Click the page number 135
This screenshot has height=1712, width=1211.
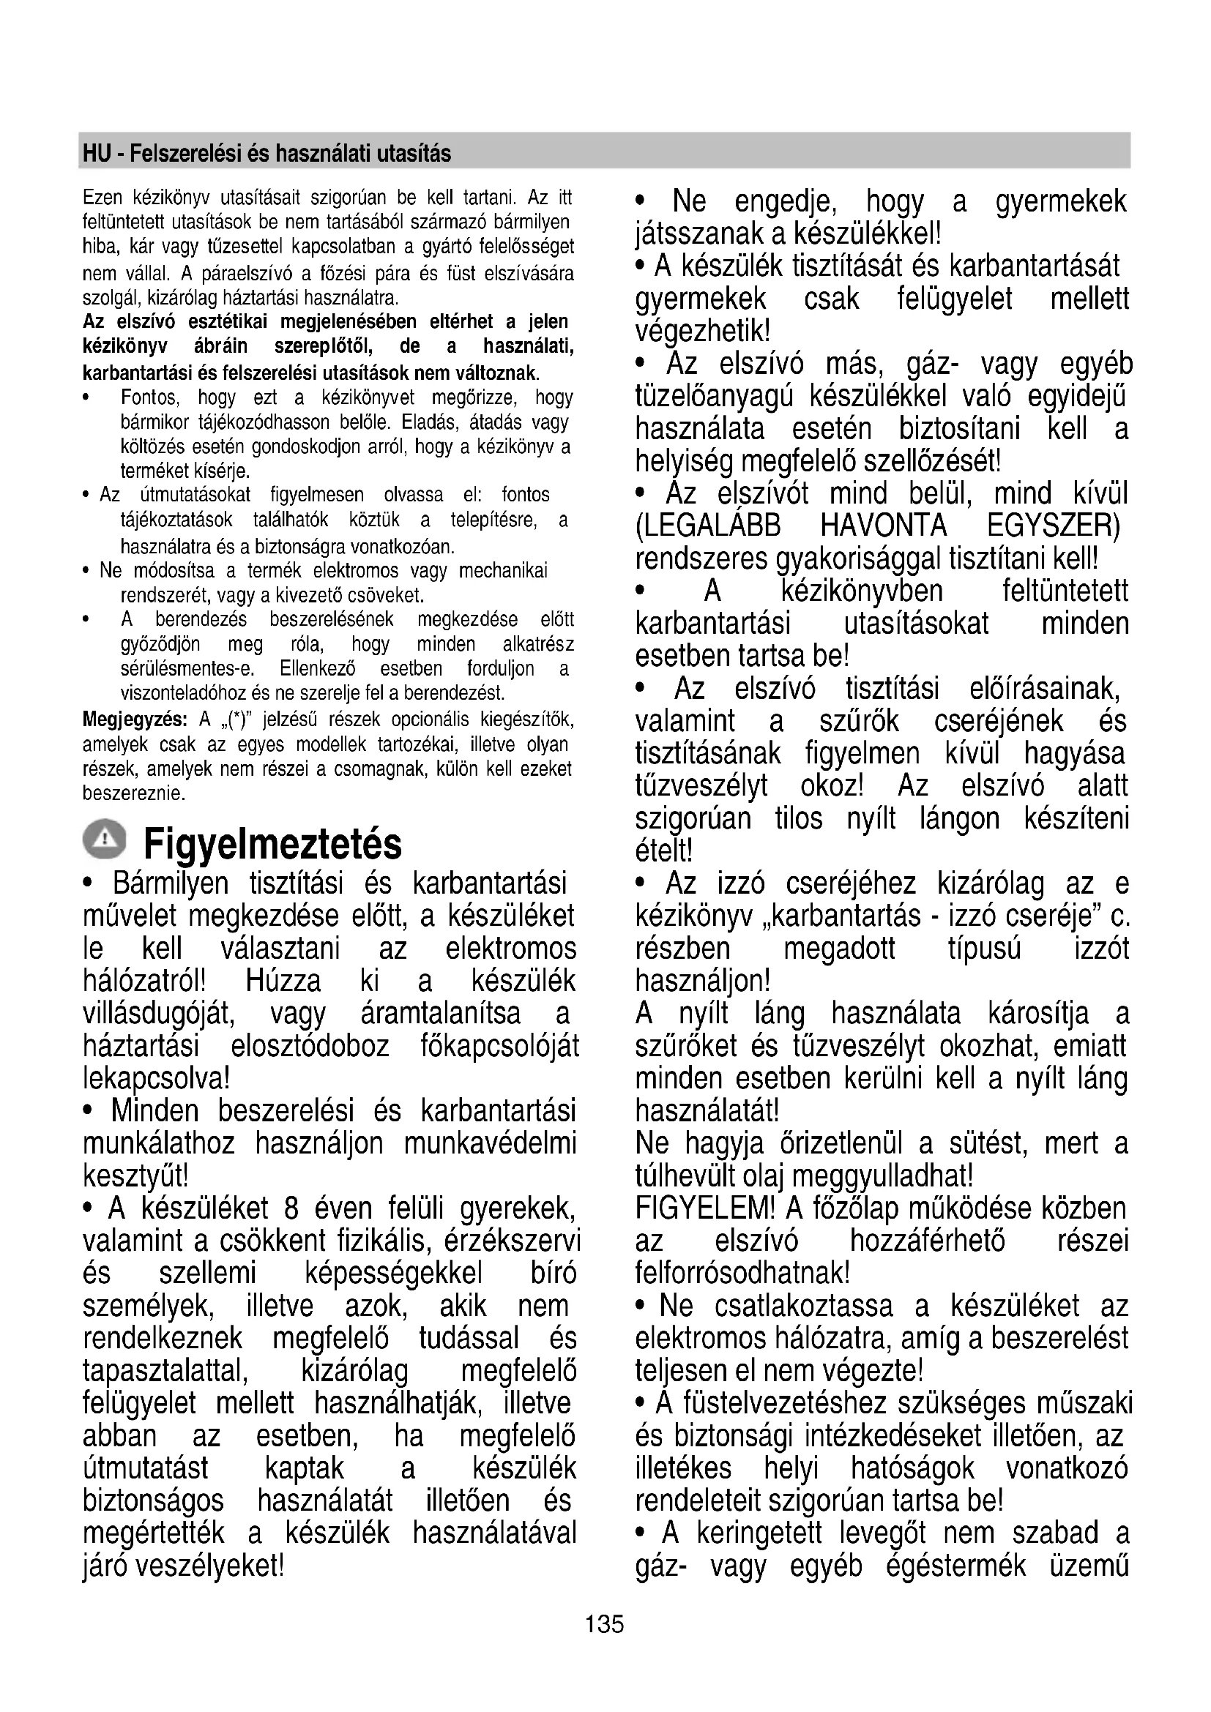point(604,1623)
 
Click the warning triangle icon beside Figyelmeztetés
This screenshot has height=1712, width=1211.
point(105,839)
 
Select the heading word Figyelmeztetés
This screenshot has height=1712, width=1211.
point(272,844)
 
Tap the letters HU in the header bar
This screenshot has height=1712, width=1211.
point(96,154)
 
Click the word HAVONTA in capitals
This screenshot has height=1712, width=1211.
point(883,526)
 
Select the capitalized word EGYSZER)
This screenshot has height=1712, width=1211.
point(1053,526)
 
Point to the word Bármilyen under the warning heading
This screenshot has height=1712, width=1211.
point(171,883)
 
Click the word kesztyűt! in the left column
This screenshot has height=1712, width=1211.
point(135,1176)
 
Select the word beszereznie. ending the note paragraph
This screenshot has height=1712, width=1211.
point(133,793)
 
